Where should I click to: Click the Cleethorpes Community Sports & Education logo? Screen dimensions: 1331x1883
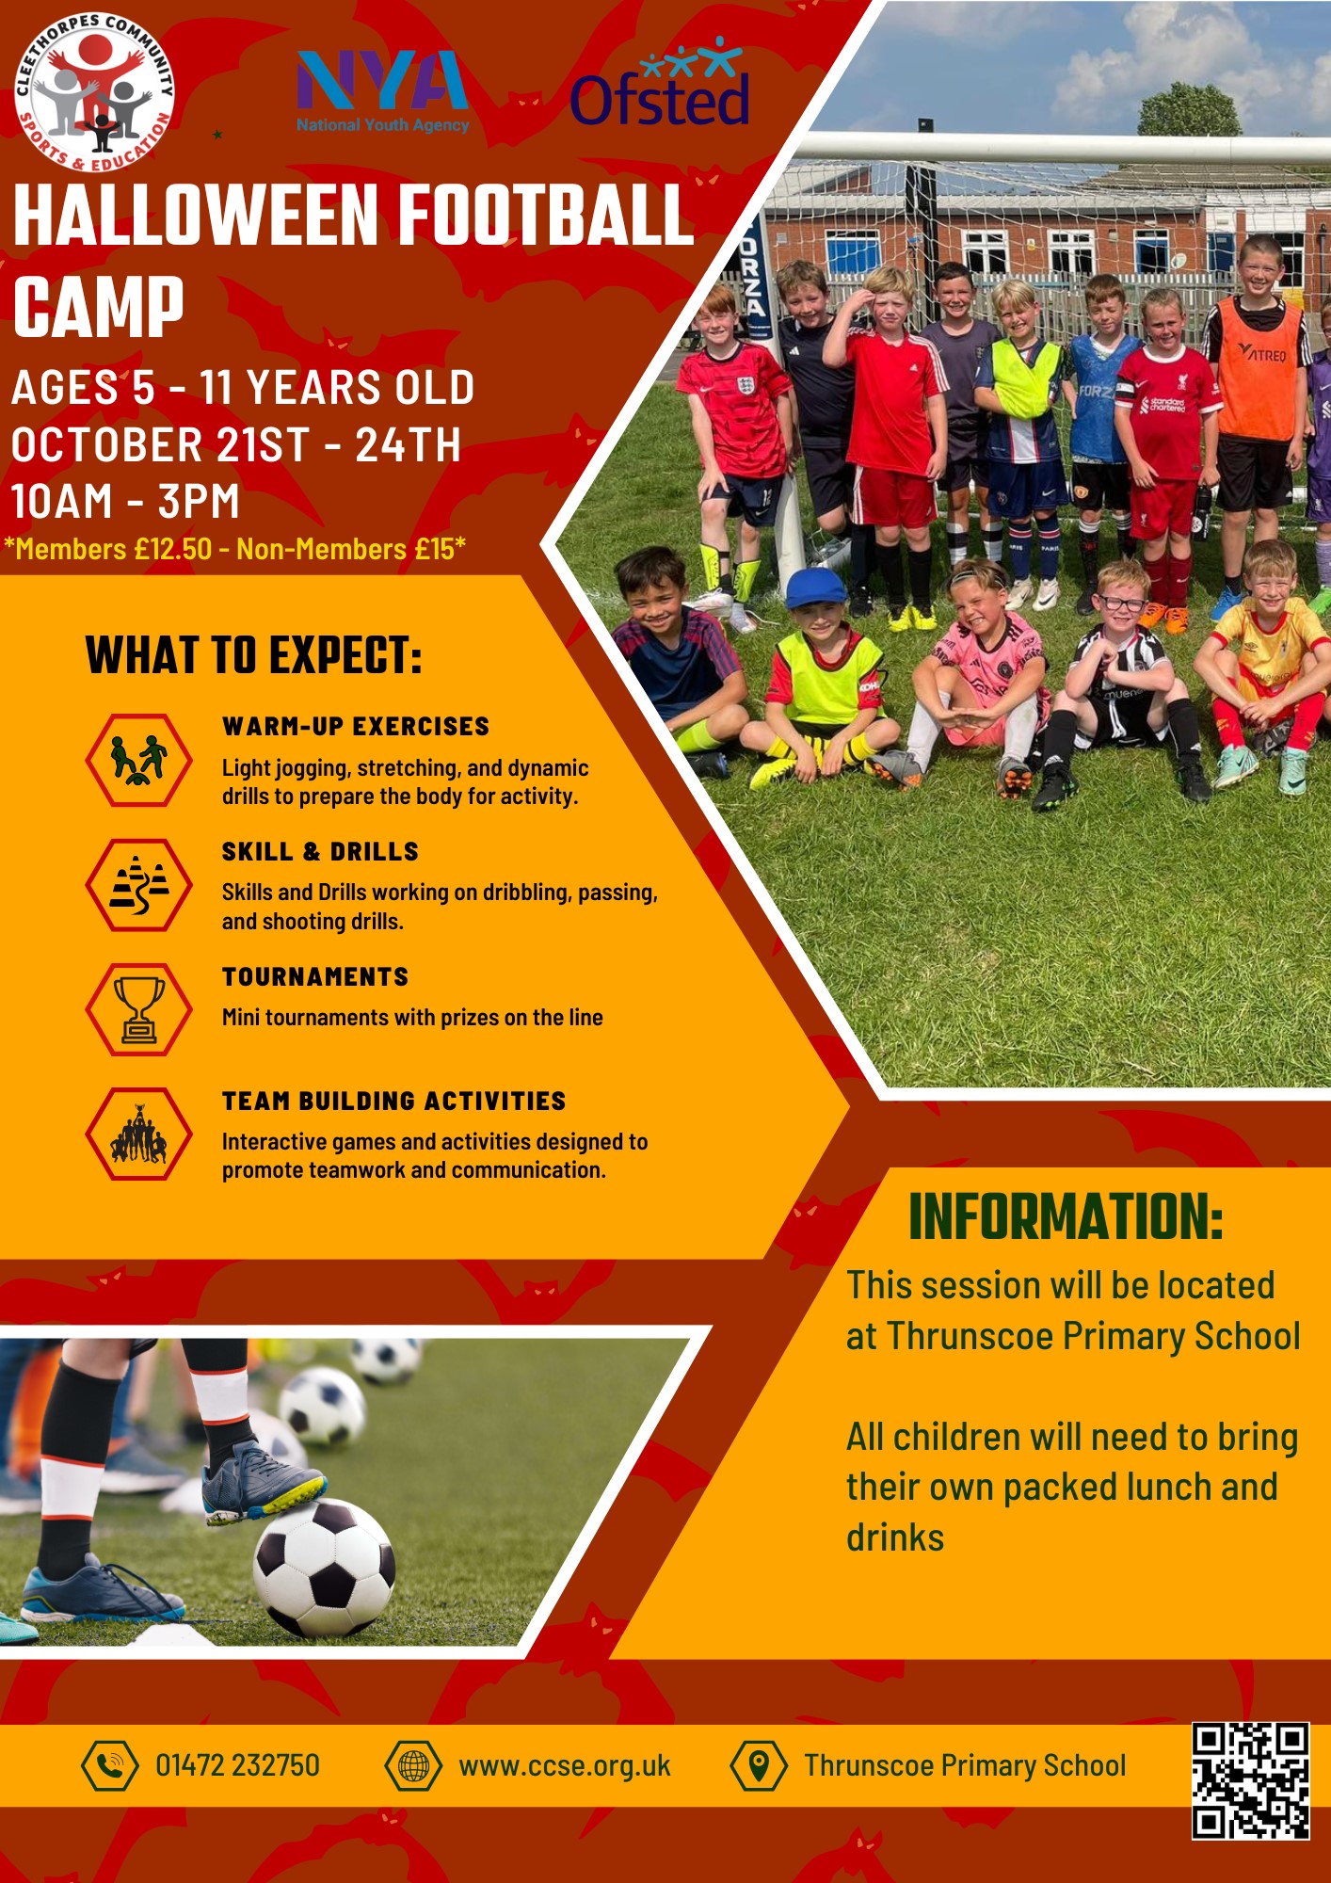click(95, 91)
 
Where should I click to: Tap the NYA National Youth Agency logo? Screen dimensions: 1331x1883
click(382, 91)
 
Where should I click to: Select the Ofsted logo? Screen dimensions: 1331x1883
click(660, 84)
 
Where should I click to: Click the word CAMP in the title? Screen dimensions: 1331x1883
click(99, 307)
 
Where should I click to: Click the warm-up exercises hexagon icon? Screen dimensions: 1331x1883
click(139, 760)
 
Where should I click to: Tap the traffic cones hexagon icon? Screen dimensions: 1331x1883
click(139, 885)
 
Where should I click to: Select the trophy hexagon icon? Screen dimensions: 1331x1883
click(139, 1009)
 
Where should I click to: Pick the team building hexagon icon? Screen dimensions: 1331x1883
click(139, 1134)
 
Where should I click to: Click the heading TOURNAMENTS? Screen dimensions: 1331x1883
click(315, 976)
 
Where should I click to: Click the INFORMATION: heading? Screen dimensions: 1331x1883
click(1066, 1216)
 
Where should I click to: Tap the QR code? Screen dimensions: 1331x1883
click(1251, 1780)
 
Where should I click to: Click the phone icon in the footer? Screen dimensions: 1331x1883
click(110, 1765)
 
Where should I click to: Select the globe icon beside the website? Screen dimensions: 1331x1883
click(413, 1765)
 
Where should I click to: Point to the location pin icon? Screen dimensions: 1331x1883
click(759, 1765)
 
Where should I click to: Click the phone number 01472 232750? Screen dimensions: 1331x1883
click(237, 1765)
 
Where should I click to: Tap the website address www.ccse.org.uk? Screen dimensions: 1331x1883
click(565, 1766)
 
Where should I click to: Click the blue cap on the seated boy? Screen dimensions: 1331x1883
click(816, 587)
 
